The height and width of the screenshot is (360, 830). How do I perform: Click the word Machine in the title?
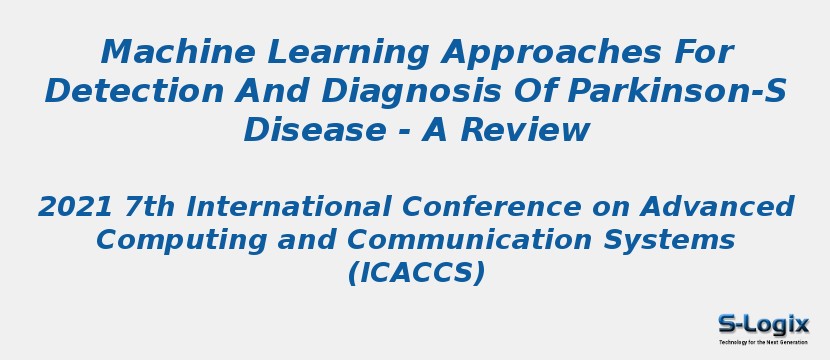[160, 52]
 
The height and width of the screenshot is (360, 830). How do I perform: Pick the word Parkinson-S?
[677, 91]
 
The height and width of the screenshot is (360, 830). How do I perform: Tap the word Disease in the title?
[314, 130]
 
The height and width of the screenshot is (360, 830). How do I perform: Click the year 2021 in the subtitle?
[76, 207]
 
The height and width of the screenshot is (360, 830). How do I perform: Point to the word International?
[291, 207]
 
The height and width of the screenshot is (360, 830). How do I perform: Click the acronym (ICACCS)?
[416, 273]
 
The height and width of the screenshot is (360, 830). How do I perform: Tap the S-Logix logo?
[763, 324]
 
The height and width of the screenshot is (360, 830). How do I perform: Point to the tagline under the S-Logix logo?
[763, 342]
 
